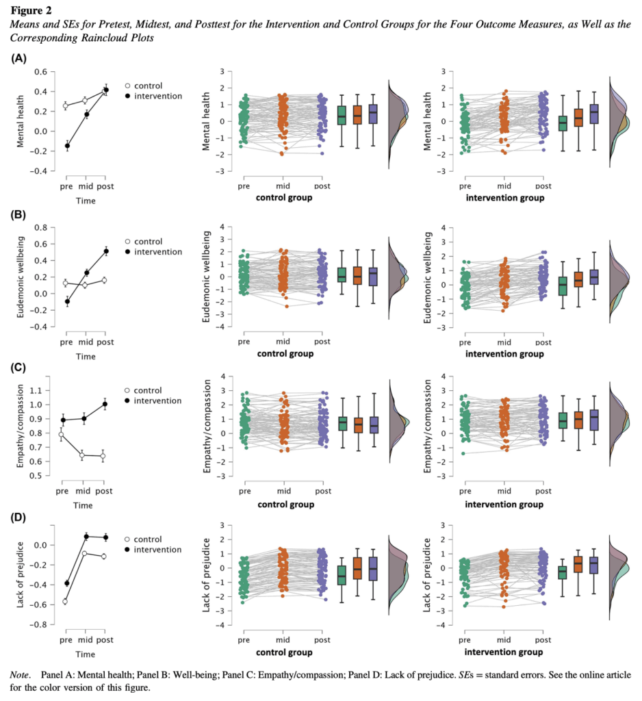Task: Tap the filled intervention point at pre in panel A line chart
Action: coord(67,146)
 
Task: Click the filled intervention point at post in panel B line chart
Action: coord(105,251)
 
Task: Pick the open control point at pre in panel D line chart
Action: coord(66,601)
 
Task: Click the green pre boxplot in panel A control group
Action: coord(342,116)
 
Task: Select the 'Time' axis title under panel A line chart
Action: coord(86,201)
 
